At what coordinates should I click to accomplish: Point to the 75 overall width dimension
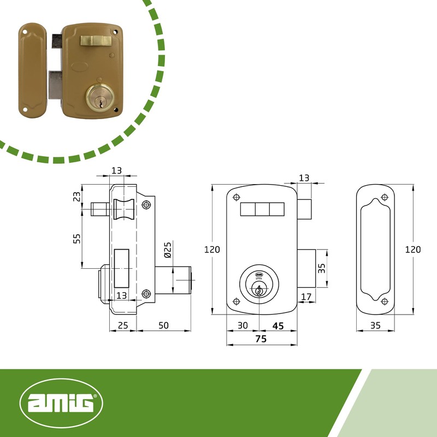tap(261, 339)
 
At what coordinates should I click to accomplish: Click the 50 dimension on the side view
tap(163, 325)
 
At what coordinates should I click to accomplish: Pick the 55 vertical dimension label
tap(77, 239)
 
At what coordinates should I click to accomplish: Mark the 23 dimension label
tap(77, 196)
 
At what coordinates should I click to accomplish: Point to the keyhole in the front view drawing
tap(258, 291)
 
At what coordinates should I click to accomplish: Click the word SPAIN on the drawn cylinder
tap(258, 278)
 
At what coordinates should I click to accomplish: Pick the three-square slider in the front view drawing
tap(262, 209)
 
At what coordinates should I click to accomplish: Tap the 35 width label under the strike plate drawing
tap(375, 325)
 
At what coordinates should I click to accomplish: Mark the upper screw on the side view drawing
tap(145, 205)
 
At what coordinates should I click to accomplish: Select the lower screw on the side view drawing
tap(145, 294)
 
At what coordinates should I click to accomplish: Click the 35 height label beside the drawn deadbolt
tap(321, 268)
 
